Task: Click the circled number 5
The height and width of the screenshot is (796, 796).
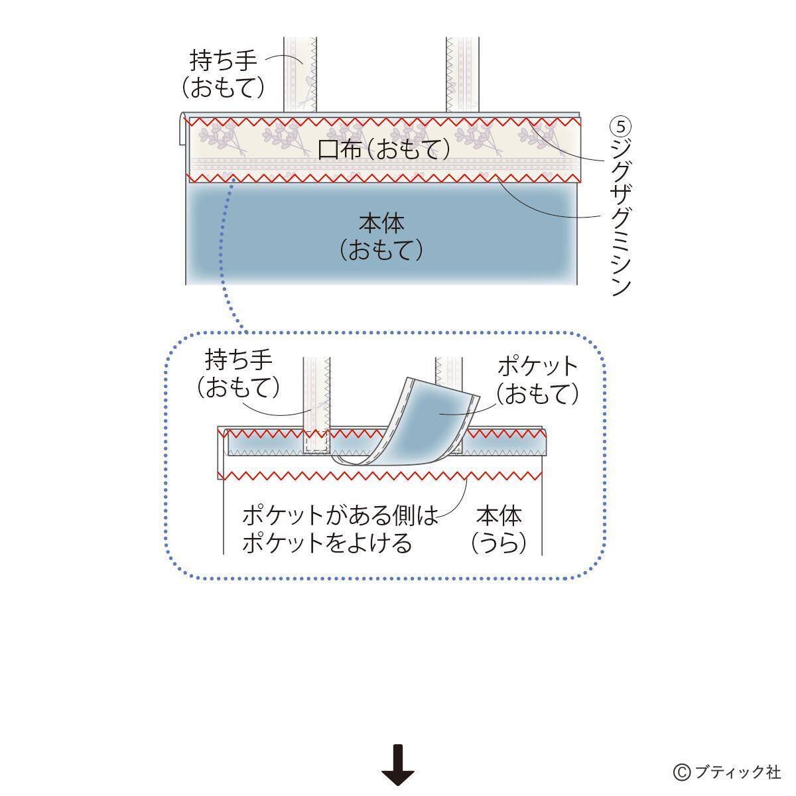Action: pos(621,125)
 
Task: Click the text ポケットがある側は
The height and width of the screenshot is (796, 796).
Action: pos(340,515)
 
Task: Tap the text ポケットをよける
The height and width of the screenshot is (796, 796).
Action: pos(327,543)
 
